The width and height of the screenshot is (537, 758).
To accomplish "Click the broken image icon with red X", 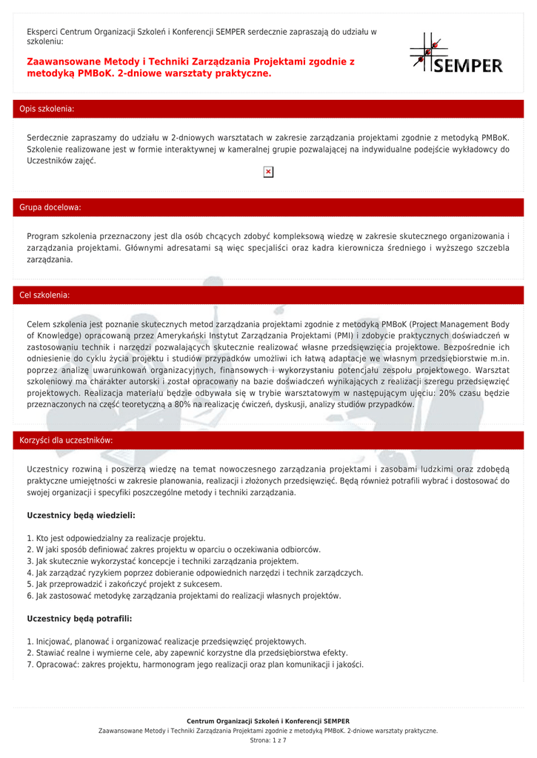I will (x=268, y=172).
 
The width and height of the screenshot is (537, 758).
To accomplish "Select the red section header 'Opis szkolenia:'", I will (x=47, y=109).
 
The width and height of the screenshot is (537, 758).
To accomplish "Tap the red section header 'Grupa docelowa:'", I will (x=50, y=207).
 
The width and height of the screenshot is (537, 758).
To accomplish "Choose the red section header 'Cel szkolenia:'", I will (x=44, y=295).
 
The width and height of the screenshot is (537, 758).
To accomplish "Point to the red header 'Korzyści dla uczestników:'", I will (x=66, y=440).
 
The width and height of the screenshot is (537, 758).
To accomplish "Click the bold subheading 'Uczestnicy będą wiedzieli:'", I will (x=81, y=514).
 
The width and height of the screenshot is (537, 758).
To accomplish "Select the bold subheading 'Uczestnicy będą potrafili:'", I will (x=79, y=618).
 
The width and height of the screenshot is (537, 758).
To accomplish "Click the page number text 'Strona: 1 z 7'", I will (x=268, y=740).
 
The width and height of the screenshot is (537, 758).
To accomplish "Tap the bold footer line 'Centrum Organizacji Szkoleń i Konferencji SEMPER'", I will (x=268, y=721).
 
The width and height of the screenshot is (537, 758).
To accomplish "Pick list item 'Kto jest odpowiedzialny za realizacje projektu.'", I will (x=116, y=538).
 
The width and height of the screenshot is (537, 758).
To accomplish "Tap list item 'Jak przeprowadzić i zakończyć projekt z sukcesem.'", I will (x=124, y=584).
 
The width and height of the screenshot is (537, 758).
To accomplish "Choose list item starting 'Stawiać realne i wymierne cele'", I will (x=187, y=653).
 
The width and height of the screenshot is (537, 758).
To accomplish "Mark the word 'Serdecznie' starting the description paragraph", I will (x=48, y=138).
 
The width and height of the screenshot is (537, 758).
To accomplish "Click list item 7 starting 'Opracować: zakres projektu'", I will (x=196, y=665).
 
